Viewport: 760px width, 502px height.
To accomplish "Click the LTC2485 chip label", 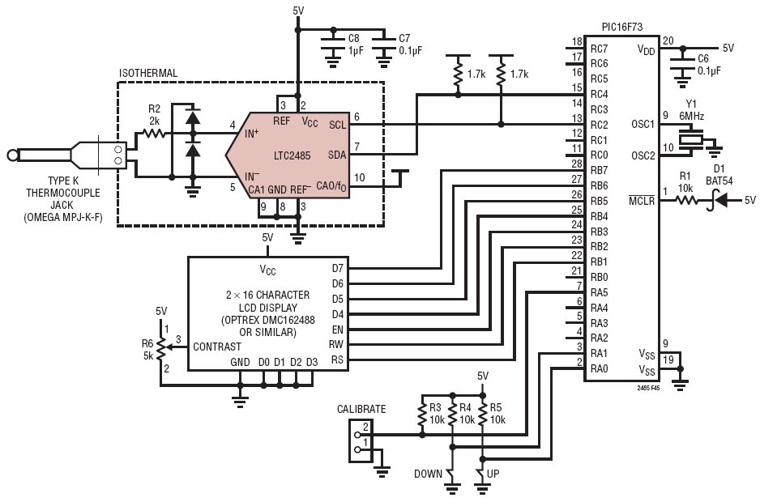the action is tap(292, 155).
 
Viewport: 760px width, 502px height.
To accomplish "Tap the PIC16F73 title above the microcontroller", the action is tap(622, 28).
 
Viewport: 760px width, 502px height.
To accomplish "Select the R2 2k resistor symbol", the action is tap(153, 134).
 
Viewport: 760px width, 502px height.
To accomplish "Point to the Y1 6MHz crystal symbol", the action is tap(691, 139).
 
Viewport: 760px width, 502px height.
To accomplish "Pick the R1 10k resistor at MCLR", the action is tap(685, 200).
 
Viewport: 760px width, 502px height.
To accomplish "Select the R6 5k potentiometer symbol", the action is tap(162, 346).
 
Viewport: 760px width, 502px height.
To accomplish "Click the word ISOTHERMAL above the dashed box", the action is tap(148, 73).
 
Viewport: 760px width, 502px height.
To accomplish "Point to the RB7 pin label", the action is tap(599, 171).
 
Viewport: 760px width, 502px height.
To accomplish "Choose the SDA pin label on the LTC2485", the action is tap(337, 155).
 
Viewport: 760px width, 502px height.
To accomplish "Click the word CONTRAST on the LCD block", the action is tap(216, 347).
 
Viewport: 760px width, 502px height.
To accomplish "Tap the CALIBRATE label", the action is tap(361, 410).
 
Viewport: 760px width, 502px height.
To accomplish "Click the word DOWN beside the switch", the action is tap(428, 474).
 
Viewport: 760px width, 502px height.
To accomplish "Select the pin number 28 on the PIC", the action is tap(577, 164).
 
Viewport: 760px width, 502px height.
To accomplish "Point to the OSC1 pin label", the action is tap(643, 125).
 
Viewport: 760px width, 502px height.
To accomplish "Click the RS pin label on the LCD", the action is tap(337, 360).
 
